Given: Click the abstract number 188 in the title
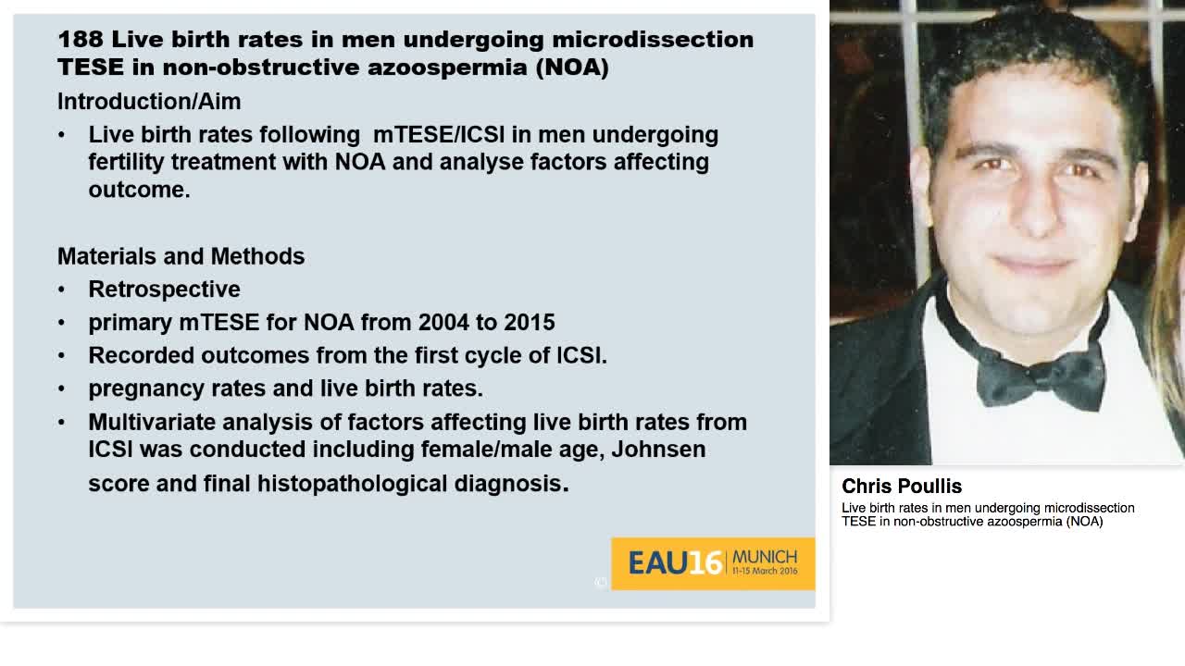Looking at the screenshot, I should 80,40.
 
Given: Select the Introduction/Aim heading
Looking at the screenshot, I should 149,102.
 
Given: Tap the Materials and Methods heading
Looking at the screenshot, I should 181,256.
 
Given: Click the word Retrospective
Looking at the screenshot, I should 164,290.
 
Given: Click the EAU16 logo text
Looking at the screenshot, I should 674,562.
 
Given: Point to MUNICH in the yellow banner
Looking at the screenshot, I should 764,557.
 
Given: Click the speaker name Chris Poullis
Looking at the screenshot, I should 901,487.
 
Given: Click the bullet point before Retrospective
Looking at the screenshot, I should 62,290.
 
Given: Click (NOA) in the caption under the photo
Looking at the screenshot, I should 1084,522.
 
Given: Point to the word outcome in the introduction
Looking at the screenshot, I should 138,190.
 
